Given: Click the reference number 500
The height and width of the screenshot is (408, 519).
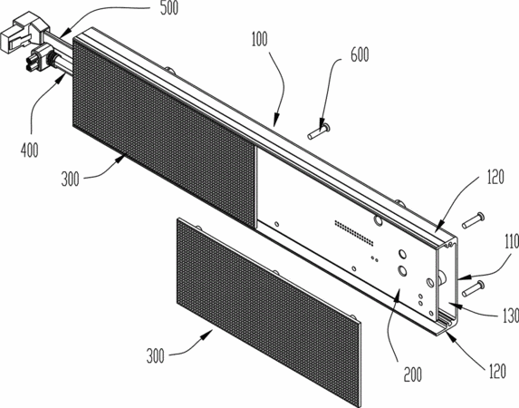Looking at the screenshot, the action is (x=169, y=8).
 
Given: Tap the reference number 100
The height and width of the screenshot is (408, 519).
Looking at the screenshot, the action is (x=259, y=39).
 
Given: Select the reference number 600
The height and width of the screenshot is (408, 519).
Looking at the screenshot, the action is (x=360, y=54).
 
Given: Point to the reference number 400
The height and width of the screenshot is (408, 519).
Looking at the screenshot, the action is (x=30, y=151).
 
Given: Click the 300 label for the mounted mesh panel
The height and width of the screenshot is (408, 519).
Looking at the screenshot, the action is (x=70, y=180).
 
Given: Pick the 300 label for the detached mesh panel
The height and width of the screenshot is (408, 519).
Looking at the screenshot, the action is (x=155, y=356).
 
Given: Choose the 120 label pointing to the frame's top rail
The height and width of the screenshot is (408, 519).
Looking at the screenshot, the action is (x=495, y=177).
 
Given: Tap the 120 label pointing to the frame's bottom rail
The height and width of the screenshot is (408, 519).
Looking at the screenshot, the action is (x=497, y=371).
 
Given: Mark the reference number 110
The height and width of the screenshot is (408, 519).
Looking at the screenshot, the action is (x=512, y=242).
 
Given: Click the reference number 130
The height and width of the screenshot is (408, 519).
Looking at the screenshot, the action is (x=512, y=316).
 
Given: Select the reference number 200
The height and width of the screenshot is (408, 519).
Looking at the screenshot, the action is (x=413, y=374).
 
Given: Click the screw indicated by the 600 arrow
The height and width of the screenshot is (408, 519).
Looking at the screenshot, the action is (x=318, y=131).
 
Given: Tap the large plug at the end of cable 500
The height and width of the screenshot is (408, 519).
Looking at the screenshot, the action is (x=24, y=31).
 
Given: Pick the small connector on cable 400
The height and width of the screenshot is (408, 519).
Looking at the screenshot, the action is (x=39, y=58).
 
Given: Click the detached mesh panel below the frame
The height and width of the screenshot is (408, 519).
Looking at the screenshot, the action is (x=268, y=312).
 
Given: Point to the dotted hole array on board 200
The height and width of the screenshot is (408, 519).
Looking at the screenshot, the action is (x=354, y=233).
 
